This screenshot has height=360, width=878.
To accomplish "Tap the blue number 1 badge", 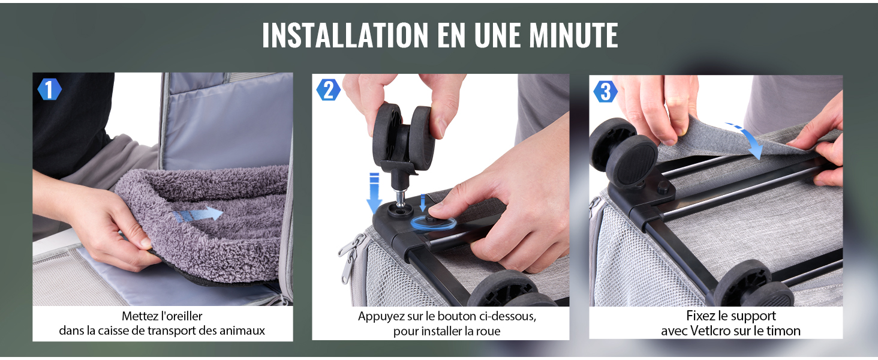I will pos(49,90).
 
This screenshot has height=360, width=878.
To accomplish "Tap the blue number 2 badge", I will pos(328,90).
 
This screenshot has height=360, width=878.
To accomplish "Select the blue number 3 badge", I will pos(605,92).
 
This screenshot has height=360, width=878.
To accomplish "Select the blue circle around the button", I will pos(433,222).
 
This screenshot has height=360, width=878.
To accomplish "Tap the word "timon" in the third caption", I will pos(783,331).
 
